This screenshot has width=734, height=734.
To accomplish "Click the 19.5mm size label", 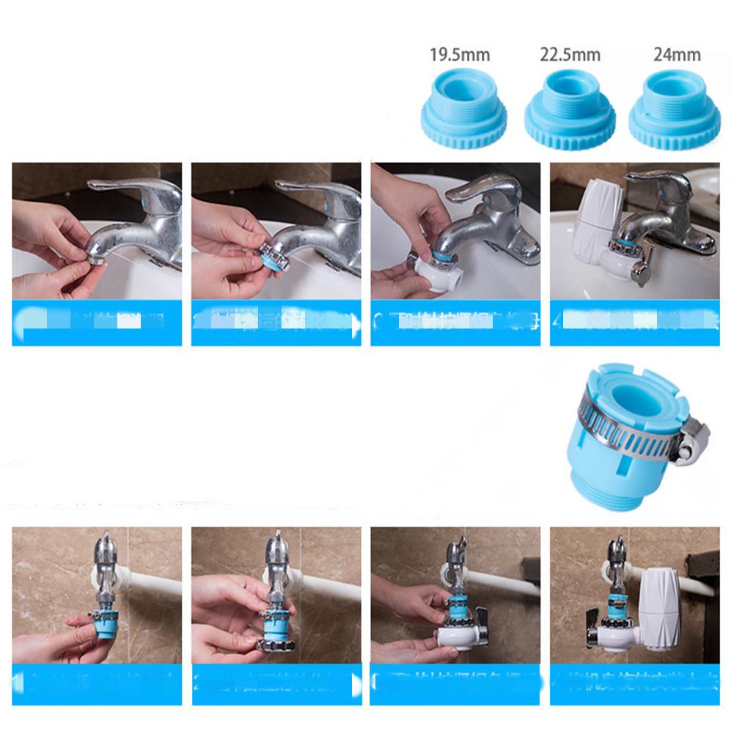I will tap(460, 55).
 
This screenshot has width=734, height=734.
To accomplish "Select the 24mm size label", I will tap(676, 55).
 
